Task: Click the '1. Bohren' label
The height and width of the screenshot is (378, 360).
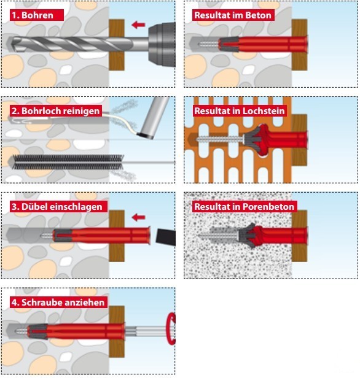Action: click(x=37, y=15)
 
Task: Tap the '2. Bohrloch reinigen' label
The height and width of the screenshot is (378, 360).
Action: click(x=56, y=111)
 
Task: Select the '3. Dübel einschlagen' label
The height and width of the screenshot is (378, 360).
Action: click(x=58, y=207)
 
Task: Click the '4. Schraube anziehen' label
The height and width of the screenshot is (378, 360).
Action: click(x=58, y=302)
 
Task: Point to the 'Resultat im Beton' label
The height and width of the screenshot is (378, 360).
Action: click(x=233, y=15)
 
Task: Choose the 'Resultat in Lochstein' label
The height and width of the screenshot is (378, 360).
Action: click(x=240, y=111)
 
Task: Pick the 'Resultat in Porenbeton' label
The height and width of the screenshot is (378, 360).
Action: click(x=244, y=207)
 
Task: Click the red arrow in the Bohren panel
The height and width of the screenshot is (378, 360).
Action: click(x=138, y=25)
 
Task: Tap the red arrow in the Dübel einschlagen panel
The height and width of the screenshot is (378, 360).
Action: click(x=138, y=217)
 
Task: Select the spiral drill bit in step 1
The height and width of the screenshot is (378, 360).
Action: click(x=70, y=44)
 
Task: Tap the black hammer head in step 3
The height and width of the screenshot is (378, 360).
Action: click(x=165, y=237)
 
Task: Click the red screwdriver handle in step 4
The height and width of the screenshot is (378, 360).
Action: click(x=171, y=328)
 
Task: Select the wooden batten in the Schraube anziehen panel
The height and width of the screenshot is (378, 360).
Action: click(x=117, y=332)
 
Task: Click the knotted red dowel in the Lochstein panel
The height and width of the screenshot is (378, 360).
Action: click(x=275, y=140)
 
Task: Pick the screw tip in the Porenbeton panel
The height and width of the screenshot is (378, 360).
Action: click(x=199, y=235)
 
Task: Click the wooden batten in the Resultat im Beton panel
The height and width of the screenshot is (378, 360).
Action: click(x=299, y=45)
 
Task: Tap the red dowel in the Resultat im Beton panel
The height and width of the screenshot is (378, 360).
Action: click(x=263, y=44)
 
